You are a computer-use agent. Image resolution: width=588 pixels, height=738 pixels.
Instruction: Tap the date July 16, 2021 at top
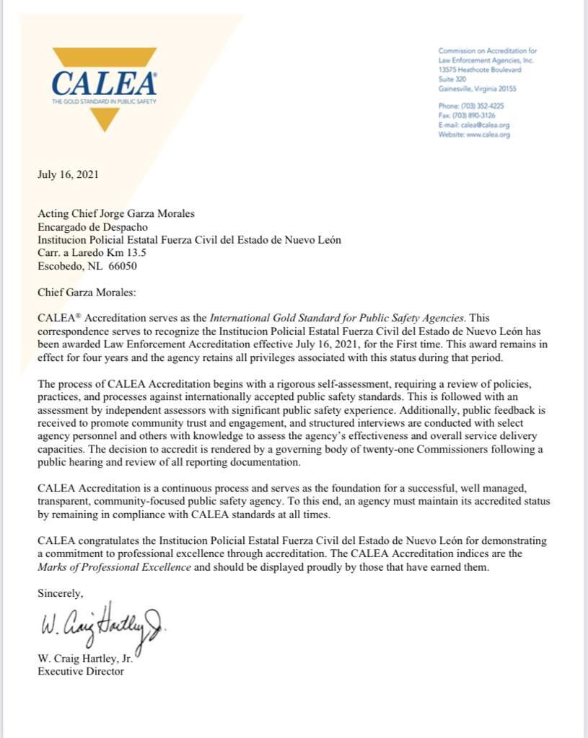pos(68,174)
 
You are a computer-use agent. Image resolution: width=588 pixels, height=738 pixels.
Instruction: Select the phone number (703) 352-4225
pos(481,106)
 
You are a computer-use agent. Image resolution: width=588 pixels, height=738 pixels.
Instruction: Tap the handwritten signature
pos(101,623)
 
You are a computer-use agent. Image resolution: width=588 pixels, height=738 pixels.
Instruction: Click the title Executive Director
pos(81,671)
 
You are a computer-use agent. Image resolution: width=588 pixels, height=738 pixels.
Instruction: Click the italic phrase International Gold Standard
pos(286,318)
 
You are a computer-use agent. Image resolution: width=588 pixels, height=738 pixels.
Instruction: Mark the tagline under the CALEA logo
pos(104,102)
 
